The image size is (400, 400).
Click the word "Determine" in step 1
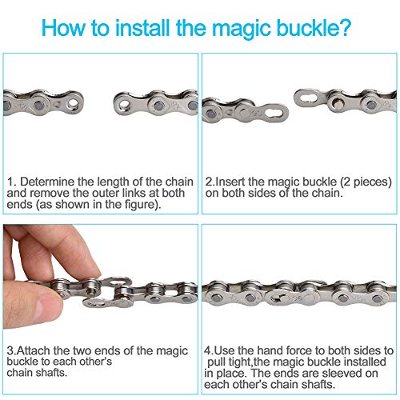[47, 182]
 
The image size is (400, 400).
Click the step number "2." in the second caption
[210, 182]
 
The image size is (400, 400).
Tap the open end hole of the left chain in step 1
[73, 103]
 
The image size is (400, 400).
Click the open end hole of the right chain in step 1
[123, 105]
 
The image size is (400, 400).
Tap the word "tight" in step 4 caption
[242, 362]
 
